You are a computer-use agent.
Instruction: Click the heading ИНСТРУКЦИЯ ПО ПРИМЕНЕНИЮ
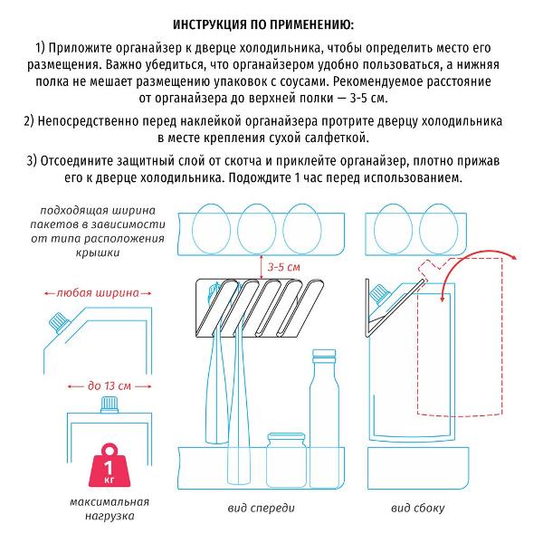pyautogui.click(x=271, y=21)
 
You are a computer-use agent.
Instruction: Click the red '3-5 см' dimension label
pyautogui.click(x=284, y=266)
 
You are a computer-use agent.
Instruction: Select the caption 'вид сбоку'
pyautogui.click(x=418, y=508)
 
